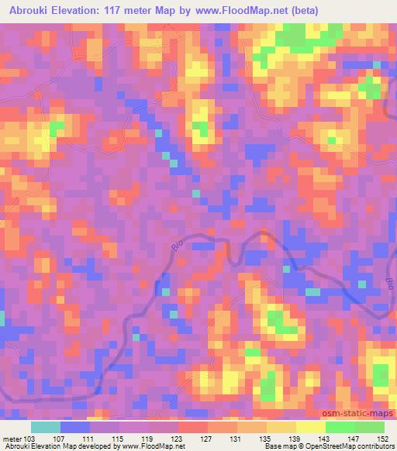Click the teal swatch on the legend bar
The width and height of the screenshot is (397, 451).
click(x=46, y=428)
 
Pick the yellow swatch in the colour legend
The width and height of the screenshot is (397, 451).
click(x=311, y=428)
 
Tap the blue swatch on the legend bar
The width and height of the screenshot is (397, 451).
click(x=75, y=428)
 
